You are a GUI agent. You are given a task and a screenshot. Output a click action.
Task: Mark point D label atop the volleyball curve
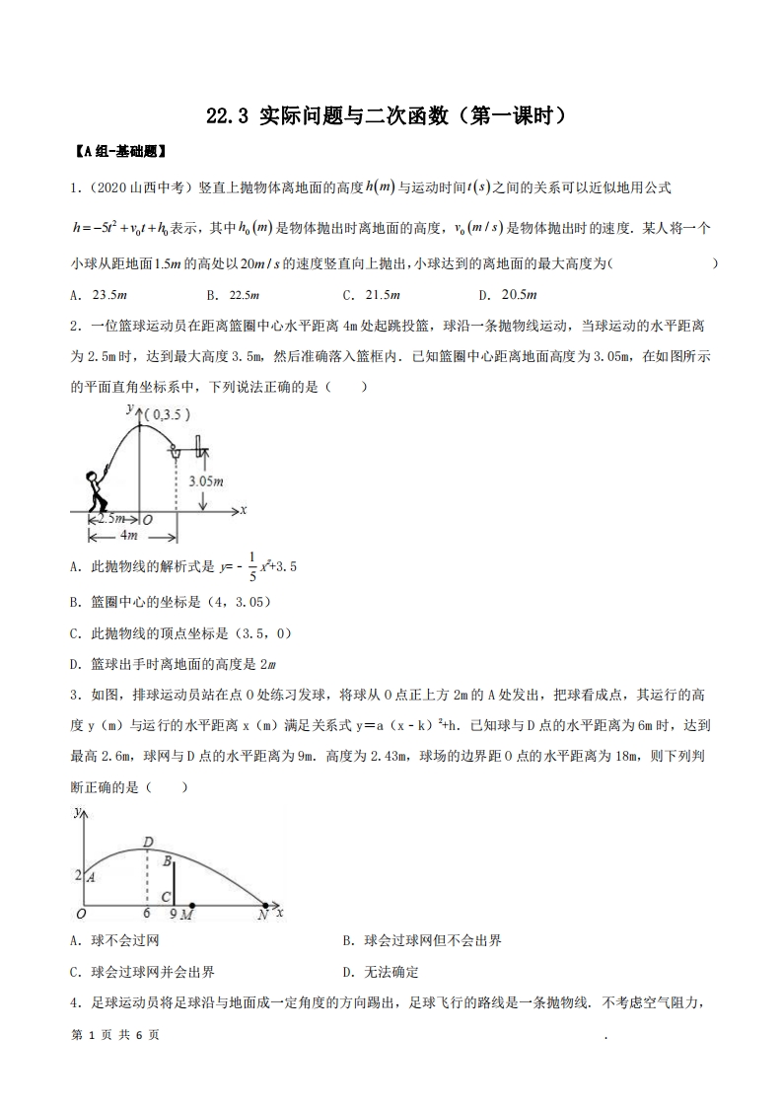(x=147, y=841)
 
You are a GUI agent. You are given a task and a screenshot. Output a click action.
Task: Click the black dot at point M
(x=190, y=905)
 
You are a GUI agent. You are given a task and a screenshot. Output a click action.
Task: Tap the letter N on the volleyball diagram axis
(x=262, y=916)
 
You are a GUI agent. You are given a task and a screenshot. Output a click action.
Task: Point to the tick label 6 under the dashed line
(x=146, y=915)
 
